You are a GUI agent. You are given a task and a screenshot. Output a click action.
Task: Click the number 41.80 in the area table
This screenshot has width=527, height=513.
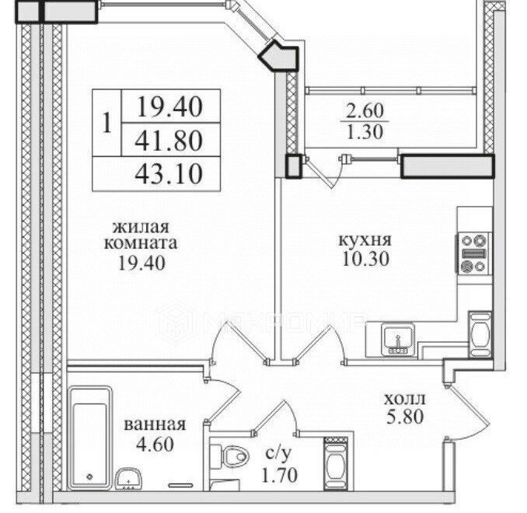point(169,141)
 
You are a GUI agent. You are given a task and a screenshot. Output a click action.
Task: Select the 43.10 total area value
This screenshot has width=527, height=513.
point(169,174)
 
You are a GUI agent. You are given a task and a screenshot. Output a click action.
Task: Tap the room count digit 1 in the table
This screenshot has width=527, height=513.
point(107,123)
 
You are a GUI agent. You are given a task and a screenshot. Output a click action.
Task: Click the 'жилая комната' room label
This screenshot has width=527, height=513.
point(141,235)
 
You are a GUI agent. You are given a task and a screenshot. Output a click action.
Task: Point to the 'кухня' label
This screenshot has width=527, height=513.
point(365,241)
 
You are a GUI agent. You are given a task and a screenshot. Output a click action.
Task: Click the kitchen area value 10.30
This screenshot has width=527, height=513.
point(365,259)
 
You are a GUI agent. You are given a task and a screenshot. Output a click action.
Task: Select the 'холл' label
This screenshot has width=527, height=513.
point(405,399)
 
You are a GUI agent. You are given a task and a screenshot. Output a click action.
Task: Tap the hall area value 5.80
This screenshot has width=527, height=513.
point(405,417)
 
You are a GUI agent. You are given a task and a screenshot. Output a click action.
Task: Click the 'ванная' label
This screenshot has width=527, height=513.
point(155,424)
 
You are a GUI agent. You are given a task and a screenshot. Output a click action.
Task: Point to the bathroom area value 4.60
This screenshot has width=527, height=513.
point(155,444)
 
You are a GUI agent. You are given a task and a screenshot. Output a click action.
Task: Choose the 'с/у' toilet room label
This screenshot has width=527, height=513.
point(277,454)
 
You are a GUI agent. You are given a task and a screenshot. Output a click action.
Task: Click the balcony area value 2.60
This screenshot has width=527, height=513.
point(365,111)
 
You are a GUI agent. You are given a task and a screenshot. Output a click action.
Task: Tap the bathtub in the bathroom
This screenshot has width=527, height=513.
point(90,438)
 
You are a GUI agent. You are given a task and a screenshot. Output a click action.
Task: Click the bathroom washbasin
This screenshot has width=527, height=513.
point(128,479)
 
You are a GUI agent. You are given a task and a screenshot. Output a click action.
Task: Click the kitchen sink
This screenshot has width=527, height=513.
point(398,340)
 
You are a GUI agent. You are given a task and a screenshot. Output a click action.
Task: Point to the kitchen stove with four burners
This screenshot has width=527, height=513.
point(474,253)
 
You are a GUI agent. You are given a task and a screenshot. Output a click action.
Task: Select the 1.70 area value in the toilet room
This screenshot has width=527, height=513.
point(280,475)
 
